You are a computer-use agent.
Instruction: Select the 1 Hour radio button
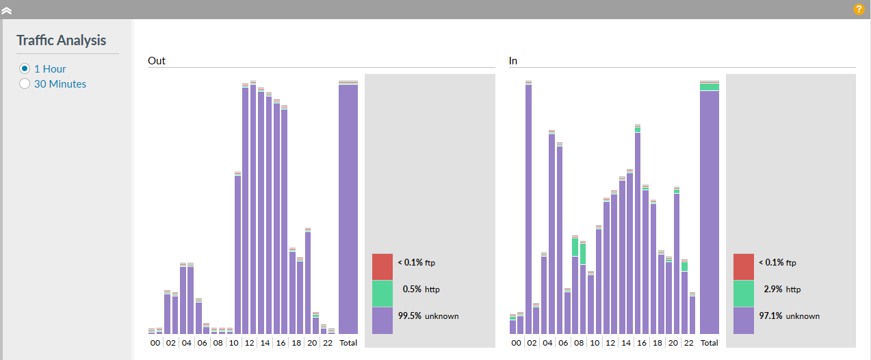click(x=25, y=69)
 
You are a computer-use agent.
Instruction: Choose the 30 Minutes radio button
click(x=25, y=84)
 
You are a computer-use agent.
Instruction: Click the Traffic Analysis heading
click(x=62, y=40)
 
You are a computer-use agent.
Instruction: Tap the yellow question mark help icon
click(x=859, y=10)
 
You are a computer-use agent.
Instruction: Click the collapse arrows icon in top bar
click(x=7, y=10)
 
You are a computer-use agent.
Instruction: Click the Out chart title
click(x=157, y=61)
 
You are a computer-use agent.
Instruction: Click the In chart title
click(x=513, y=61)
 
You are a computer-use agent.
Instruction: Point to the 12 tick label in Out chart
click(x=249, y=342)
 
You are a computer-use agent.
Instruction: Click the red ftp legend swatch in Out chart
click(x=382, y=267)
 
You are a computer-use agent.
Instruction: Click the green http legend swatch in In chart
click(x=744, y=294)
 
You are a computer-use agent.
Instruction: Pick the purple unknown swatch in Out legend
click(x=382, y=320)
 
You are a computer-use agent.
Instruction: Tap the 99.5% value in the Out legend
click(x=410, y=316)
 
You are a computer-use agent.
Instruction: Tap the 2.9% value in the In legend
click(x=772, y=290)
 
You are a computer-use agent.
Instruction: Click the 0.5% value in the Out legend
click(x=412, y=290)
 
